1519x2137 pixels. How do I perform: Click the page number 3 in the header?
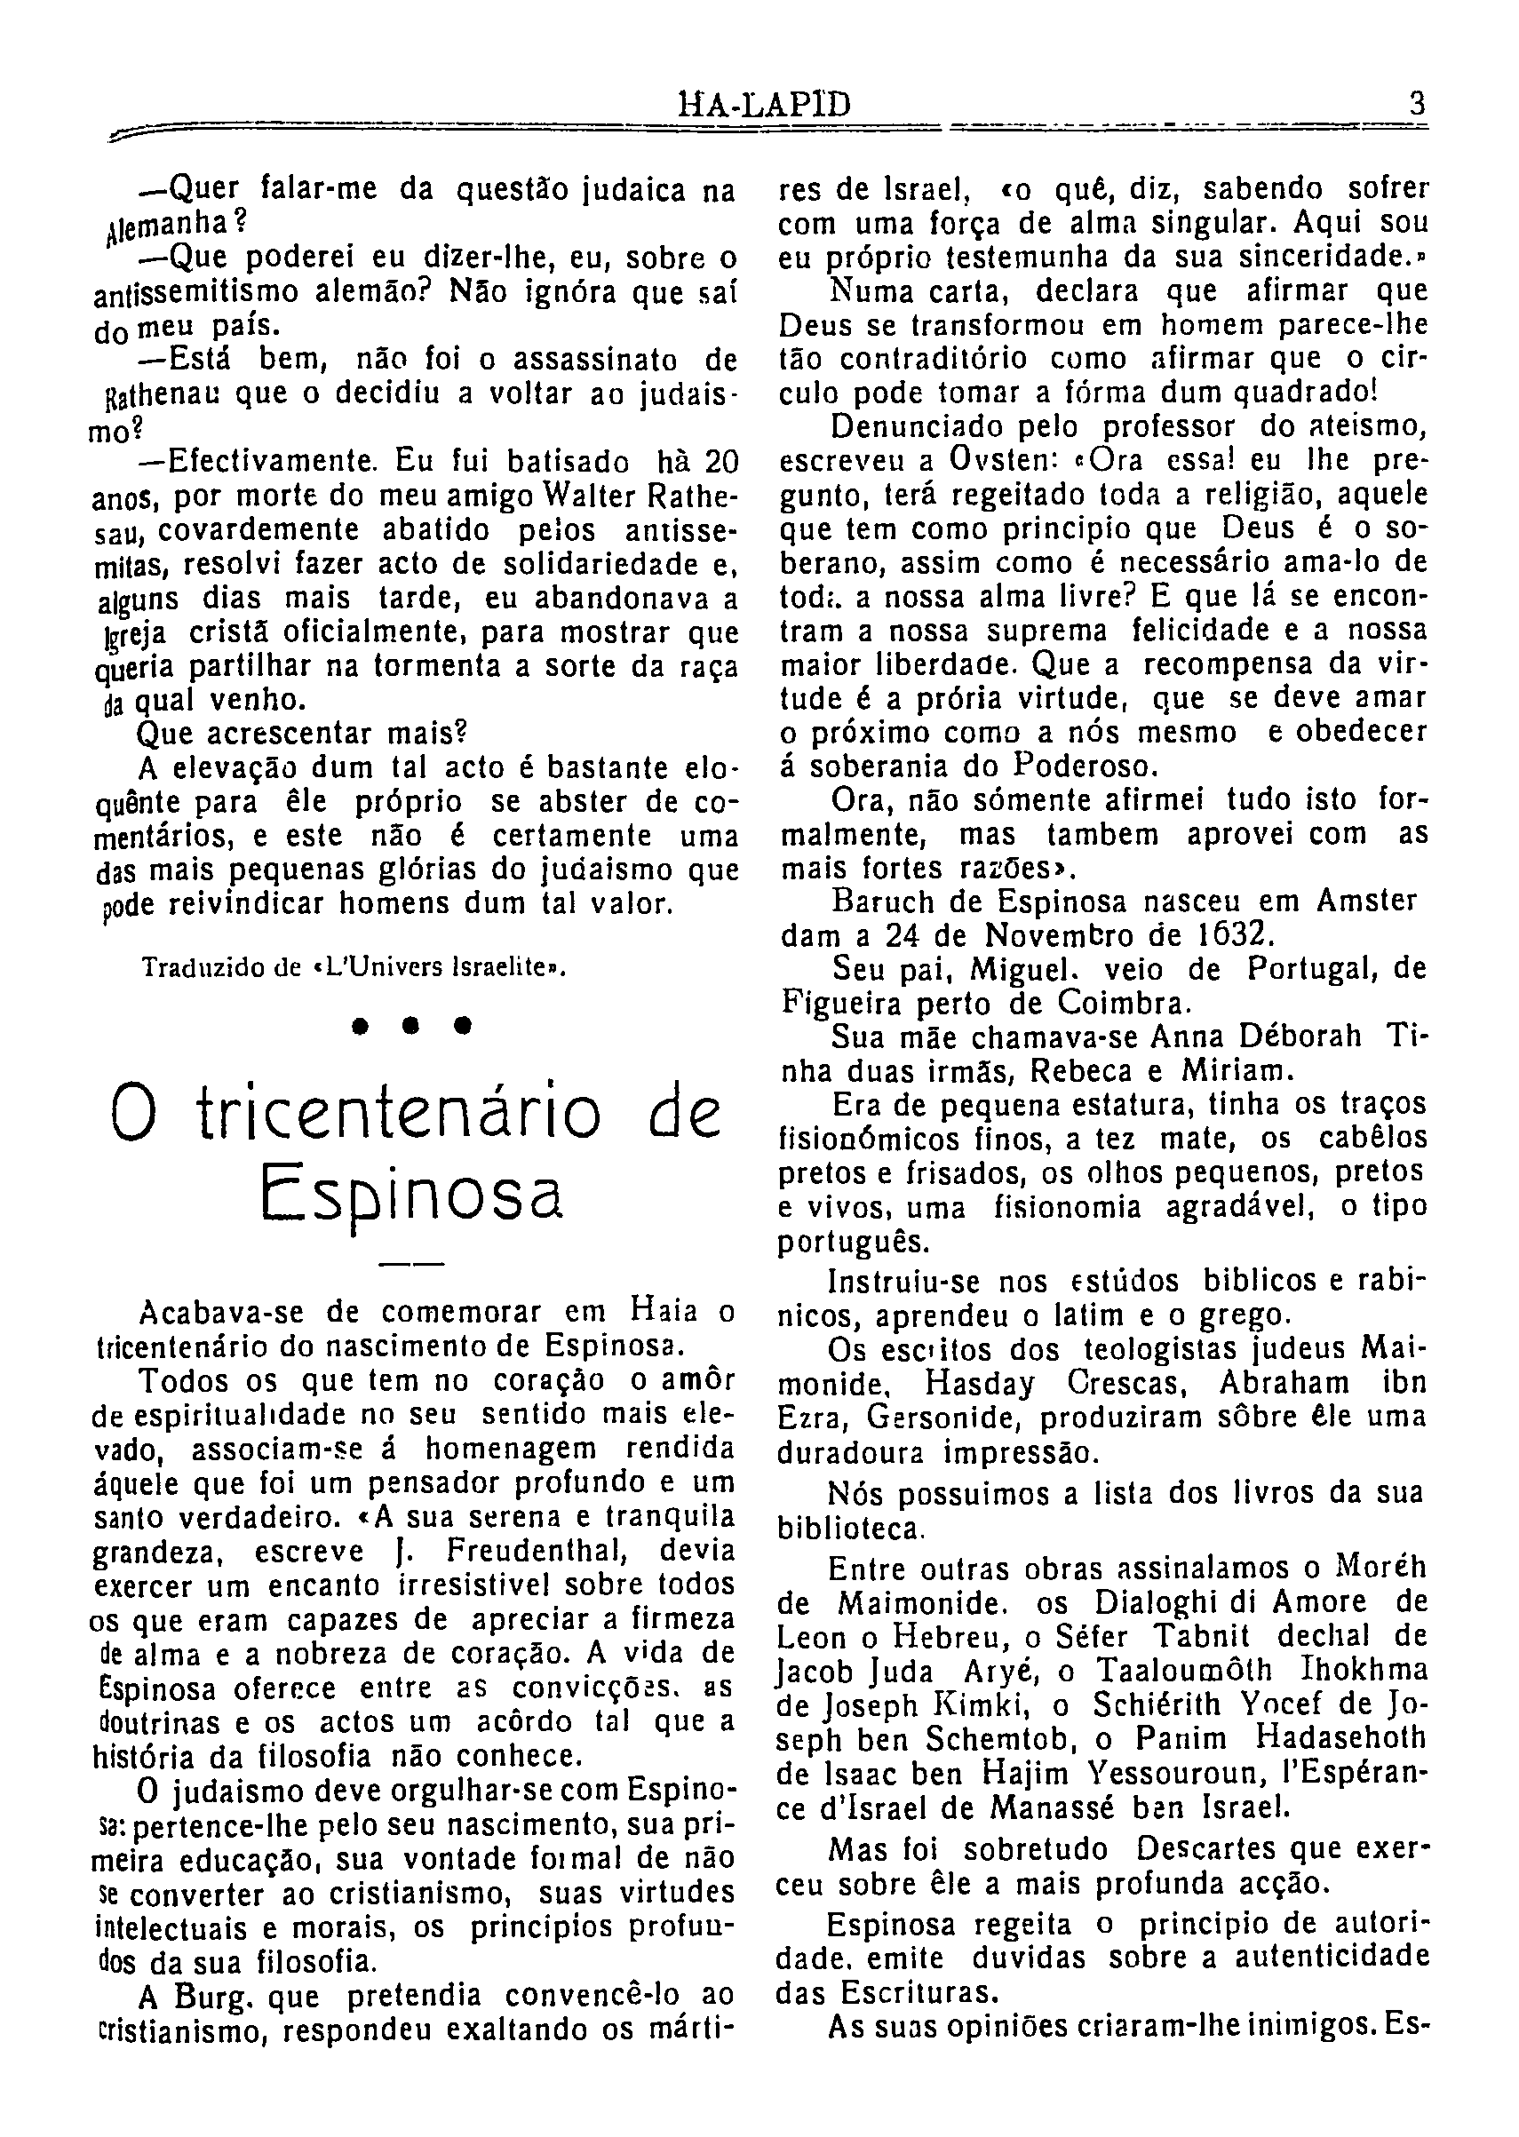coord(1417,103)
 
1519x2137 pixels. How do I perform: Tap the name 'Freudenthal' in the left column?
coord(535,1551)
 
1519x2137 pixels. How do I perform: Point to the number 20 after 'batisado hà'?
coord(721,461)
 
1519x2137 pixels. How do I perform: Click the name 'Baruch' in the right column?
coord(884,902)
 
